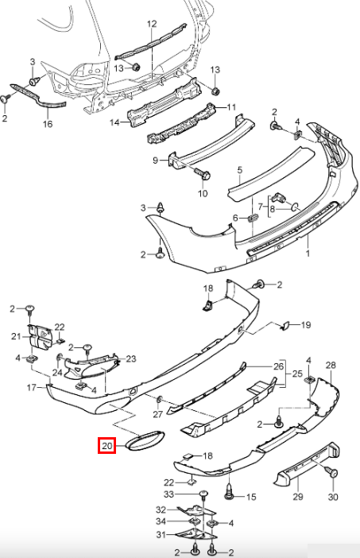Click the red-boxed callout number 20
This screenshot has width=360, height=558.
tap(106, 445)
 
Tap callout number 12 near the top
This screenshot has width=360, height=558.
tap(152, 24)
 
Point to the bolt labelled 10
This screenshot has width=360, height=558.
tap(202, 175)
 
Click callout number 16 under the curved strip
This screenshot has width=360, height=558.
tap(48, 124)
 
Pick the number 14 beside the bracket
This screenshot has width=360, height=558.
tap(114, 122)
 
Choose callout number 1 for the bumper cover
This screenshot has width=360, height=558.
tap(308, 254)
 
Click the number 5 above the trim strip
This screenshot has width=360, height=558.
tap(240, 170)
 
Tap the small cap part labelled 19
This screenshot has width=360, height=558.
tap(285, 325)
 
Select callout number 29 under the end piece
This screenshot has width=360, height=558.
tap(298, 496)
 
